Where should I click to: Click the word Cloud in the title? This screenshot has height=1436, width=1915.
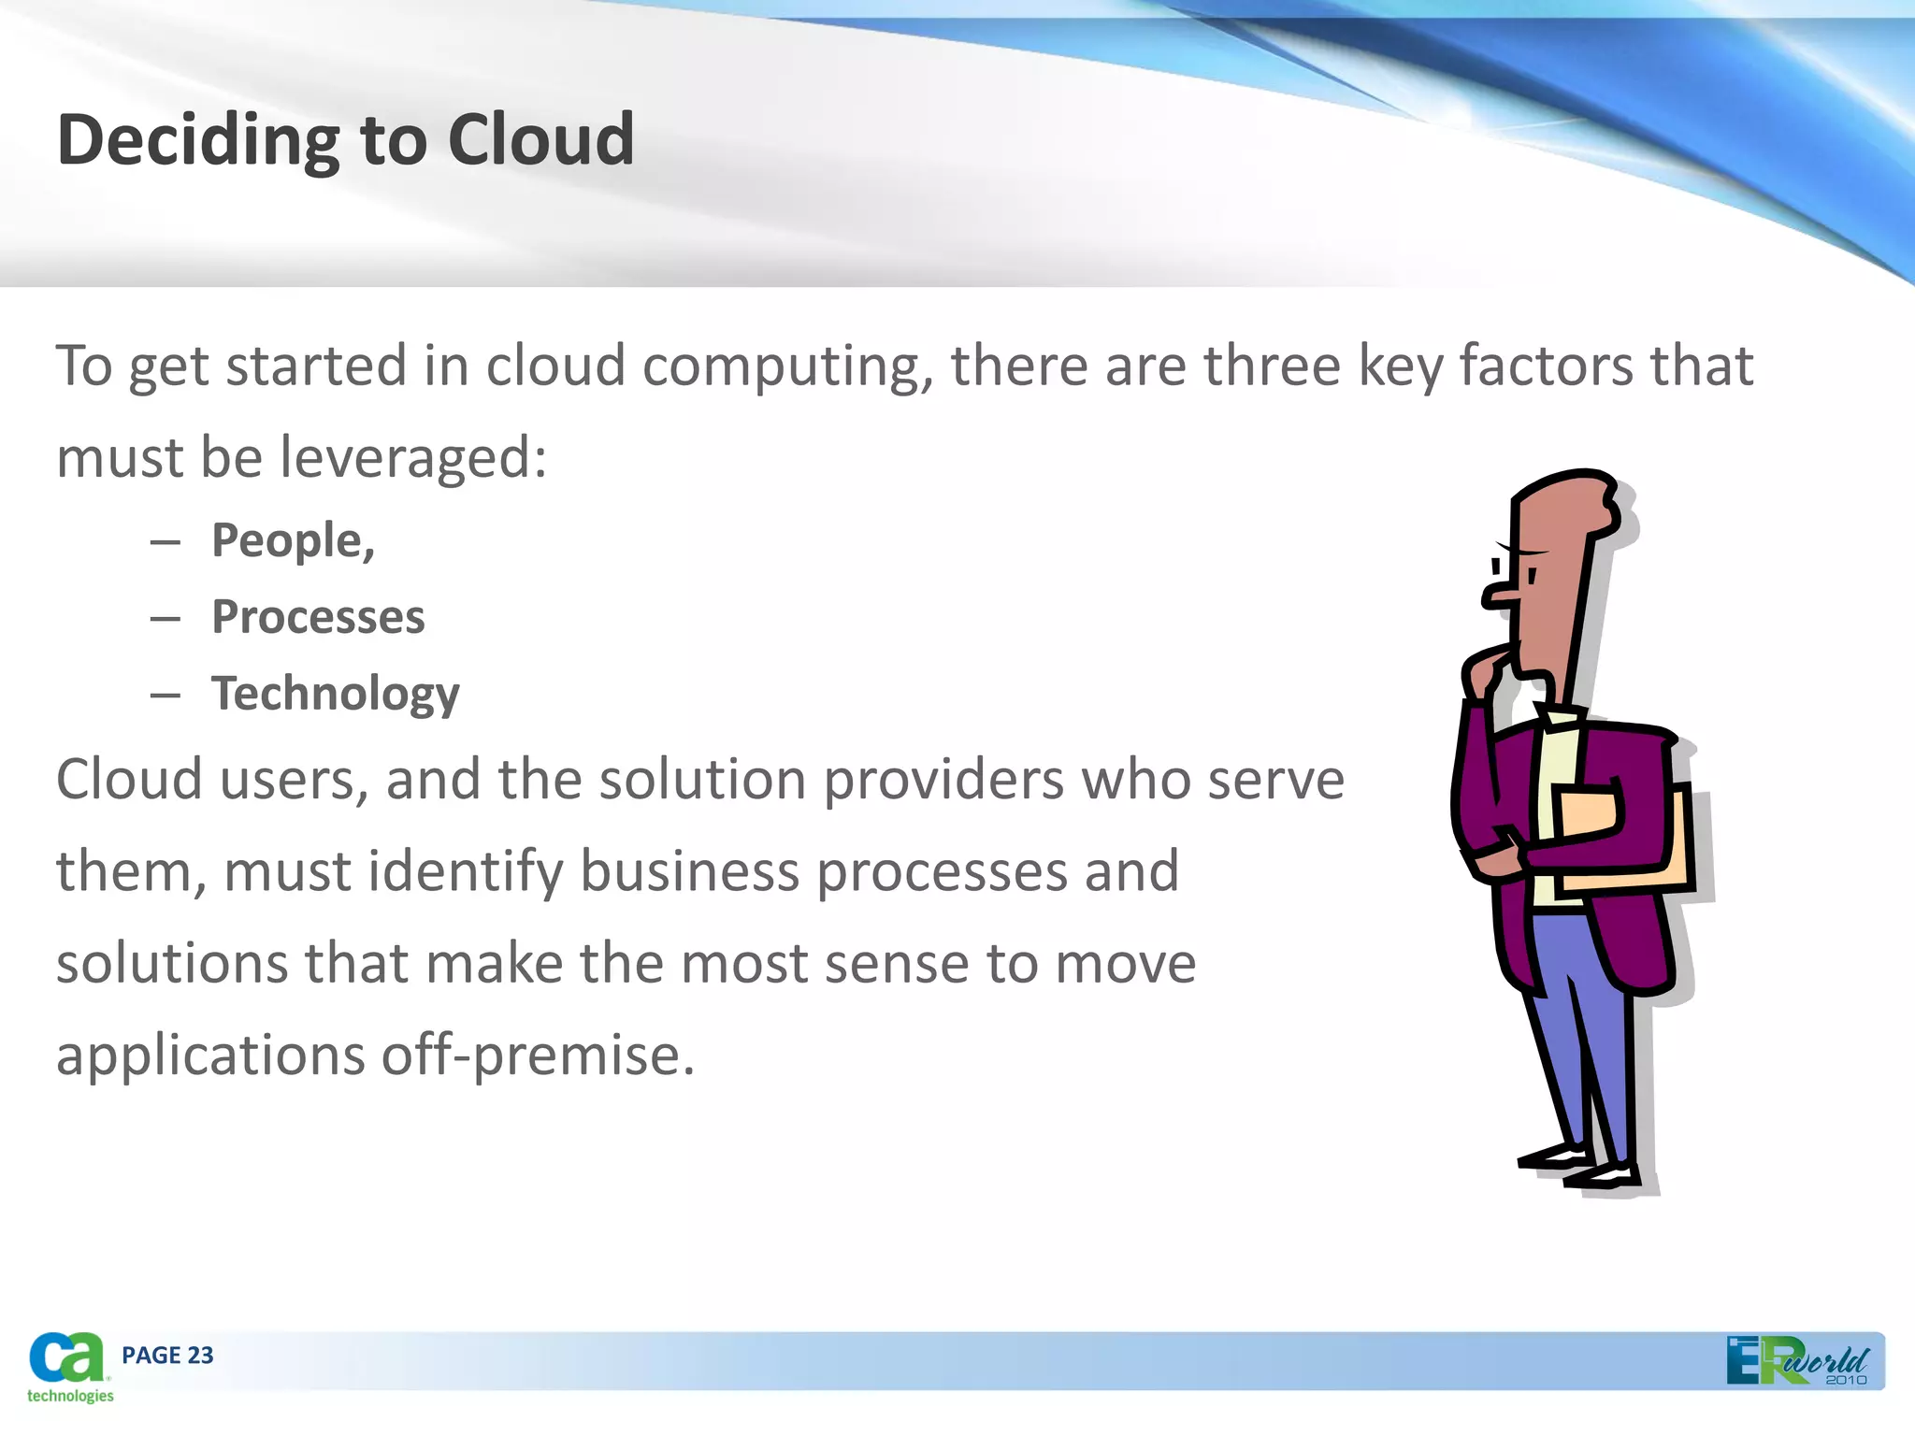point(540,140)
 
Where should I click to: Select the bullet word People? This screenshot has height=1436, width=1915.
point(292,541)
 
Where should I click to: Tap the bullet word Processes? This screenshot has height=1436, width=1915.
point(318,617)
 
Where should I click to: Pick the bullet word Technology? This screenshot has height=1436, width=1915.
point(335,695)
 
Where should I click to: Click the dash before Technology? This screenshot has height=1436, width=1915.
point(165,695)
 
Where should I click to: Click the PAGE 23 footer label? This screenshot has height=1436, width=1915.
point(167,1355)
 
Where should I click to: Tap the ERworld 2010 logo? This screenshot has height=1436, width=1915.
point(1797,1361)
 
